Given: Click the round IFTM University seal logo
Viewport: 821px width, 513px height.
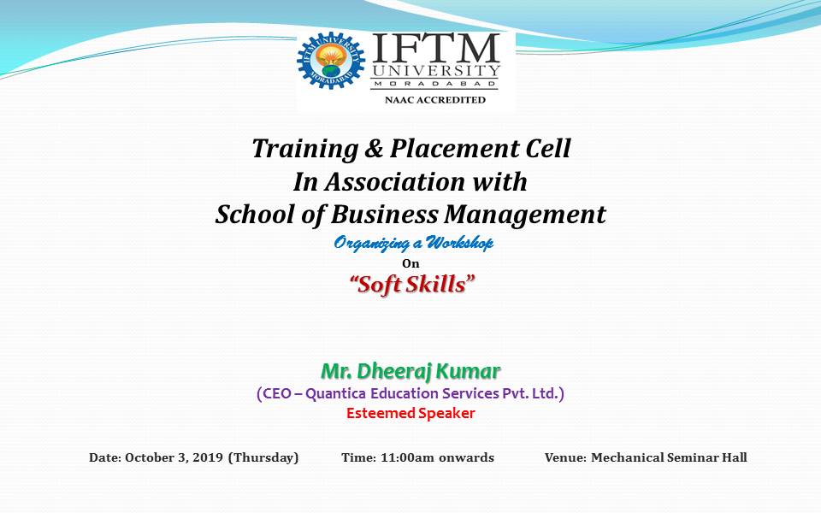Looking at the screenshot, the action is coord(330,61).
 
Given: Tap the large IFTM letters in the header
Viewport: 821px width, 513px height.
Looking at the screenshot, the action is coord(435,49).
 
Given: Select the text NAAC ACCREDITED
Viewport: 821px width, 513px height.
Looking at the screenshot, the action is coord(435,99).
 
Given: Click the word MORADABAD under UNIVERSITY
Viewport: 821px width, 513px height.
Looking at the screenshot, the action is coord(435,83).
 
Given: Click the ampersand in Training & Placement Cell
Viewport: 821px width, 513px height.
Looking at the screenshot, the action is coord(374,148).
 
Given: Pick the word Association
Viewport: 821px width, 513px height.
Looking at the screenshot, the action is coord(394,181).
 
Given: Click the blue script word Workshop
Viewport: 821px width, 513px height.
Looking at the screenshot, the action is coord(459,243).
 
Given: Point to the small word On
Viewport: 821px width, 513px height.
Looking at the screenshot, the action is coord(410,263).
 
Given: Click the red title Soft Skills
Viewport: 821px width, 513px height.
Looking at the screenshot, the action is coord(412,284).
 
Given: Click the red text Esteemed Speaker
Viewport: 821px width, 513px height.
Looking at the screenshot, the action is coord(410,413).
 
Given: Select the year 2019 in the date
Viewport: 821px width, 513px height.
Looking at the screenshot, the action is coord(209,457).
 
